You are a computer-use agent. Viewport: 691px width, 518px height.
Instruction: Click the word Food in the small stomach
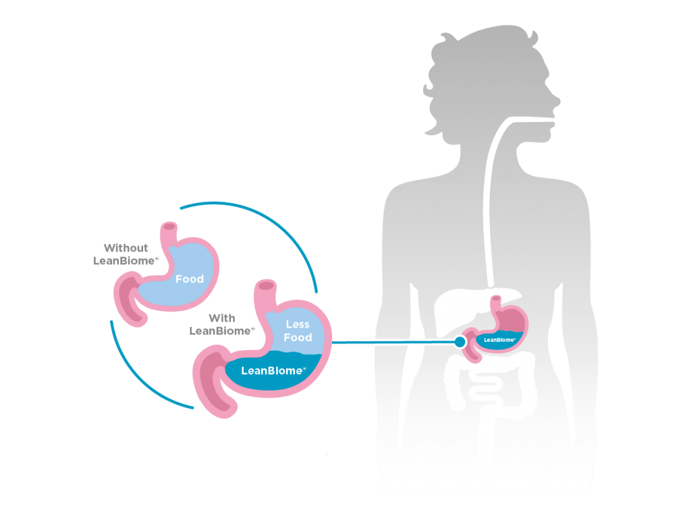pos(190,279)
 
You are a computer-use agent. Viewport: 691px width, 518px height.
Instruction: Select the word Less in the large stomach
pos(298,325)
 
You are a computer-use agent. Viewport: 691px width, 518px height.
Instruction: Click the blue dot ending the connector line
pos(460,343)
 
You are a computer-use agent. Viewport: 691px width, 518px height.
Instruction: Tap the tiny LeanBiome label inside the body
pos(500,340)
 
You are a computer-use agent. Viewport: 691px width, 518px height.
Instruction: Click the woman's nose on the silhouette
pos(557,101)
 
